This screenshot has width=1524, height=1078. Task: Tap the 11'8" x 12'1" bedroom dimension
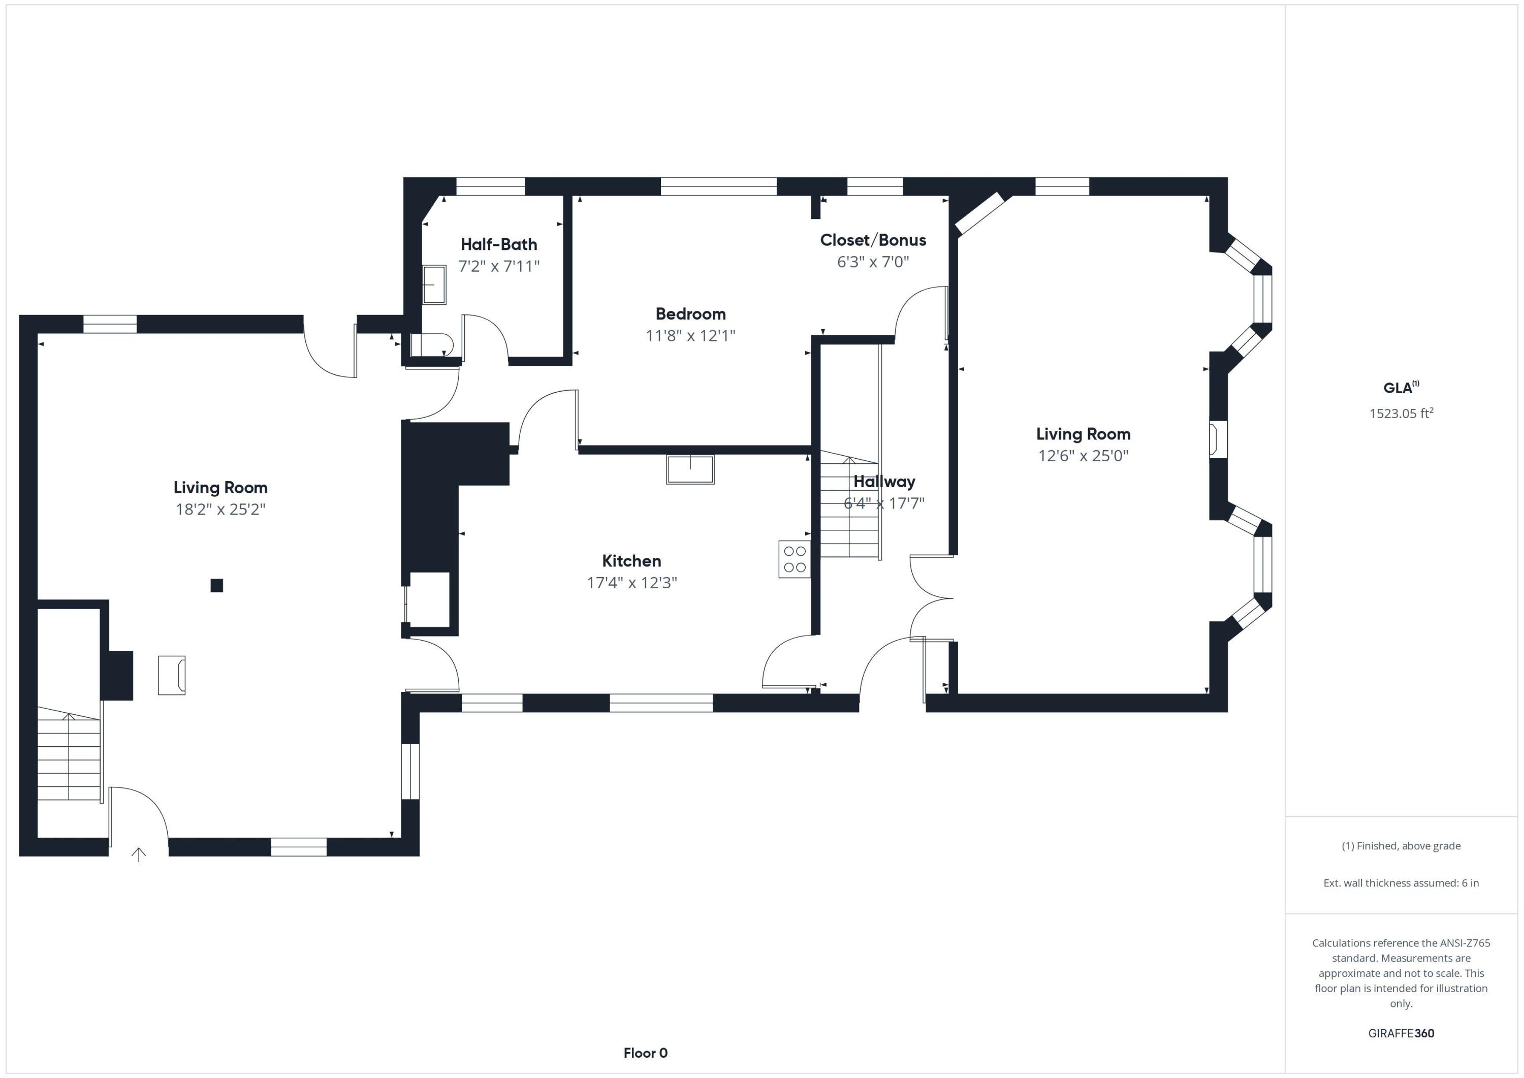690,336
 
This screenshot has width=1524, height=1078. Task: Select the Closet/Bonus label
873,240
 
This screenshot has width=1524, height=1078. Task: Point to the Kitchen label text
631,561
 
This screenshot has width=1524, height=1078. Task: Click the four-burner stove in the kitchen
795,559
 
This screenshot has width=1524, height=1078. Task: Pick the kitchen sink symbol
690,469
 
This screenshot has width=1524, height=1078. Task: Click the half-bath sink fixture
434,285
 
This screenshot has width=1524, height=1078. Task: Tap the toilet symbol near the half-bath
431,345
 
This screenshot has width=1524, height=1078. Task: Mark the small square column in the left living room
216,585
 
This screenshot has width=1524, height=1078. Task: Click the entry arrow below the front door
139,854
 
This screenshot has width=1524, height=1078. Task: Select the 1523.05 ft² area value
1401,414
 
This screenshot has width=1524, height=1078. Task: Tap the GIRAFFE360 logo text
1401,1033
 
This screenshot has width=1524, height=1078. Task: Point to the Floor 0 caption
645,1053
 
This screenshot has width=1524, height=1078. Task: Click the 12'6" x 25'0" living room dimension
1083,456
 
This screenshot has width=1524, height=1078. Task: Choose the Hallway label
884,482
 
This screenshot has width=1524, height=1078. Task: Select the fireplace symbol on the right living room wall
1217,439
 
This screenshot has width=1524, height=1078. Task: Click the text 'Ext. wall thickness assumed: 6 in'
1401,883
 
